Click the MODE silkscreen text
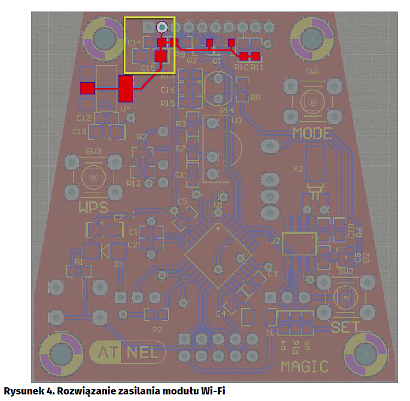(x=312, y=133)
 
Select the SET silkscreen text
(x=345, y=327)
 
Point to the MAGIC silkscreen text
(x=305, y=366)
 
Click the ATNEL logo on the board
(x=128, y=353)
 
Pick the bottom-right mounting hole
(x=364, y=354)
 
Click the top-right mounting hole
(x=311, y=39)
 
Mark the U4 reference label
(x=126, y=108)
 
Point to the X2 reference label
(x=298, y=170)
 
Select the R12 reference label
(x=134, y=183)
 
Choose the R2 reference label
(x=157, y=330)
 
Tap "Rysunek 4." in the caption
(x=27, y=391)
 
